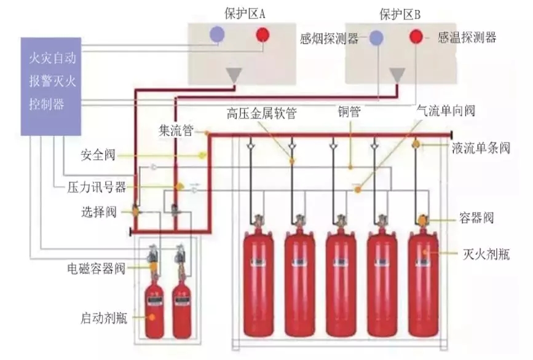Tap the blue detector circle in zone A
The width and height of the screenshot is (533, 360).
click(x=216, y=34)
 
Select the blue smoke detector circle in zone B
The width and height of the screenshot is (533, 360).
click(x=376, y=38)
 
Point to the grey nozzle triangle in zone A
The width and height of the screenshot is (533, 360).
click(x=233, y=75)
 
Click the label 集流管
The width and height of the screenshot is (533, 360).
click(x=176, y=130)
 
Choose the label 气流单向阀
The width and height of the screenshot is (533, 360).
click(x=444, y=112)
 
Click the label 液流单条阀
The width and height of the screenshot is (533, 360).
click(x=481, y=148)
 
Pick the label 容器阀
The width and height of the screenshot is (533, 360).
click(x=476, y=218)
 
